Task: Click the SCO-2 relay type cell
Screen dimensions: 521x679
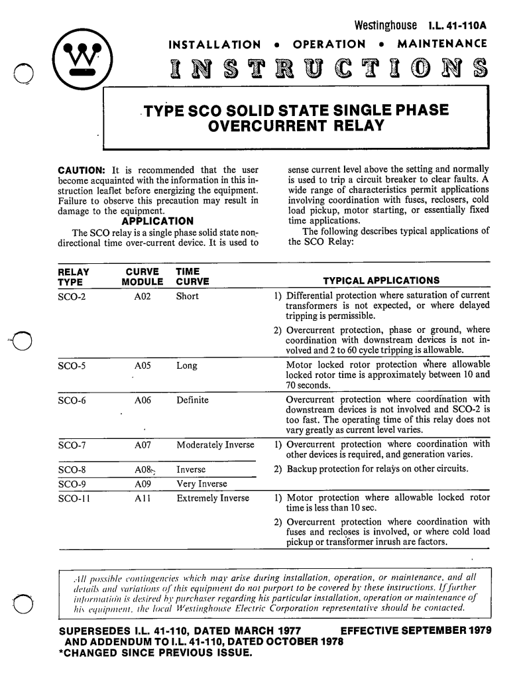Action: (x=72, y=296)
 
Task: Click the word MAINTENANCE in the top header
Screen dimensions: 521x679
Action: (x=442, y=44)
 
